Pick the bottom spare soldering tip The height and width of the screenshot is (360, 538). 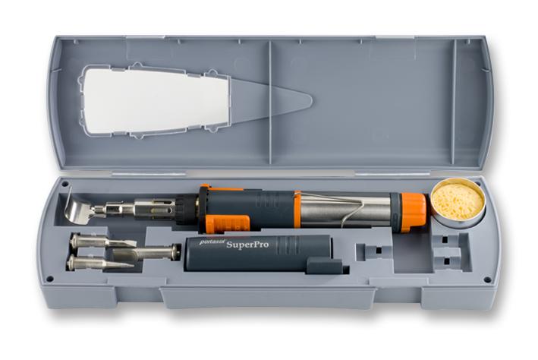tap(99, 264)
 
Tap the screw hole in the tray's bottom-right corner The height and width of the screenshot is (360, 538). tap(486, 279)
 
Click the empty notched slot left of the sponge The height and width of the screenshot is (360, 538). tap(372, 251)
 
